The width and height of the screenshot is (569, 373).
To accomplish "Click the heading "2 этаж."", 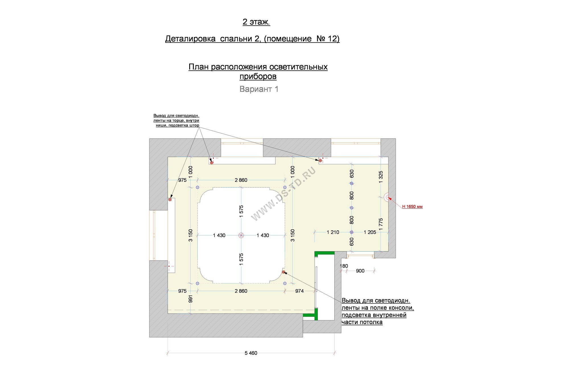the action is coord(256,22).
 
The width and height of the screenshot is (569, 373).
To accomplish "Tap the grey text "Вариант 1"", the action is coord(259,89).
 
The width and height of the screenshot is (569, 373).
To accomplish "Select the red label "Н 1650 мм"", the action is coord(412,207).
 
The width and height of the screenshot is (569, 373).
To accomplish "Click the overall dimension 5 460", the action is coord(251,353).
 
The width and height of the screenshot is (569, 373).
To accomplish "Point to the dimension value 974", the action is coord(299,291).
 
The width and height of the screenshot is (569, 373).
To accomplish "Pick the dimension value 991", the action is coord(191,299).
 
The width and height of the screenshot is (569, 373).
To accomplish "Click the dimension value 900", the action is coord(360,271).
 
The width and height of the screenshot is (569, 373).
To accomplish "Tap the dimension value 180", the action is coord(344,266).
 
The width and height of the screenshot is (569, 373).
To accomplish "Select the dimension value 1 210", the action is coord(333,232).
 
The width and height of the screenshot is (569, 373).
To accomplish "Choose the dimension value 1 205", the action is coord(370,232).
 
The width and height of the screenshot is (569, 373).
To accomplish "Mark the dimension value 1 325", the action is coord(381,177).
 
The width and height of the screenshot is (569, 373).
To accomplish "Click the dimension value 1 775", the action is coord(381,224).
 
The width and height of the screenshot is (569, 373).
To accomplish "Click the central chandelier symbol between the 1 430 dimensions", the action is coord(241,235).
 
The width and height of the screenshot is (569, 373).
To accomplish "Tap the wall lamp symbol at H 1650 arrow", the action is coord(387,197).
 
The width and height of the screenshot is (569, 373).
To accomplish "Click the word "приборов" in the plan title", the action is coord(258,77).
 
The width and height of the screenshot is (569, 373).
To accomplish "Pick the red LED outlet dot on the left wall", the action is coord(170,199).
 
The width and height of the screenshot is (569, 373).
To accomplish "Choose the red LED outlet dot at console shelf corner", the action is coord(283,272).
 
